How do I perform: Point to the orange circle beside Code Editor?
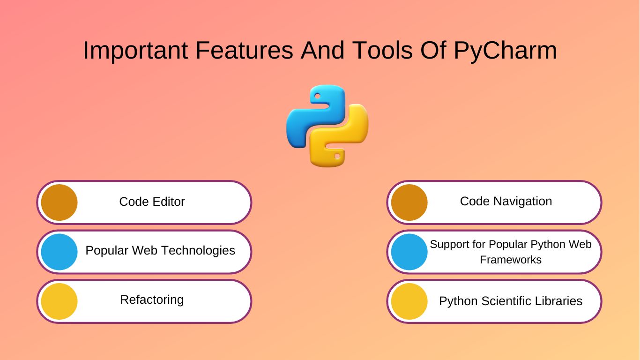59,202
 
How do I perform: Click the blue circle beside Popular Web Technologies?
59,252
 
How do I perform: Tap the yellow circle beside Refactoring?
59,301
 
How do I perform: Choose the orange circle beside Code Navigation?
409,202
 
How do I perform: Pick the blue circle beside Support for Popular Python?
409,252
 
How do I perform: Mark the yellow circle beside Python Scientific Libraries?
409,301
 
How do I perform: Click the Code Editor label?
152,202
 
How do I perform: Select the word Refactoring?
152,300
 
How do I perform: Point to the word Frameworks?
511,260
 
